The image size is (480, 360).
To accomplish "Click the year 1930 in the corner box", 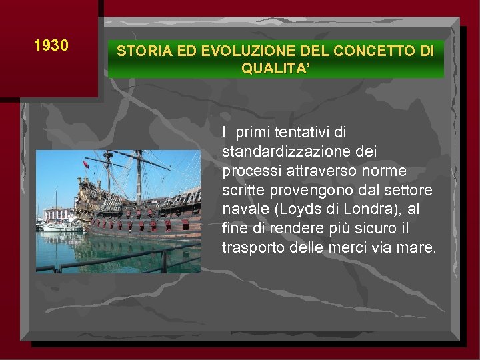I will tap(51, 45).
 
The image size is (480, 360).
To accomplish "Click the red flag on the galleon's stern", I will tap(85, 164).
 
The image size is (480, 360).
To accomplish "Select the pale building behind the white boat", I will tap(59, 215).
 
